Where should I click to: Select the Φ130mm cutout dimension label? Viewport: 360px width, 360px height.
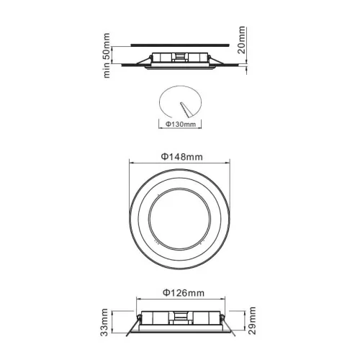coord(179,124)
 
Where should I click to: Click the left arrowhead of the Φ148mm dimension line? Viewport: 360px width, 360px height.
coord(130,162)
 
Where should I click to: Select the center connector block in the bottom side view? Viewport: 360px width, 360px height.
coord(181,318)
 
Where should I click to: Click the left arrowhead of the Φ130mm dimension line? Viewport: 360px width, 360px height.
coord(158,129)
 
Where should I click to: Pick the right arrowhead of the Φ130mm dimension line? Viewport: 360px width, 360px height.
coord(200,129)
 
